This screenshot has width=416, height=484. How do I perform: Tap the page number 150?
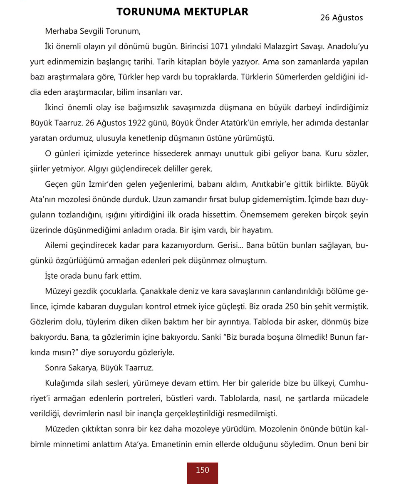click(x=202, y=470)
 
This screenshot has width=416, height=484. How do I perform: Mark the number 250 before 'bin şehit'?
click(x=293, y=306)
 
